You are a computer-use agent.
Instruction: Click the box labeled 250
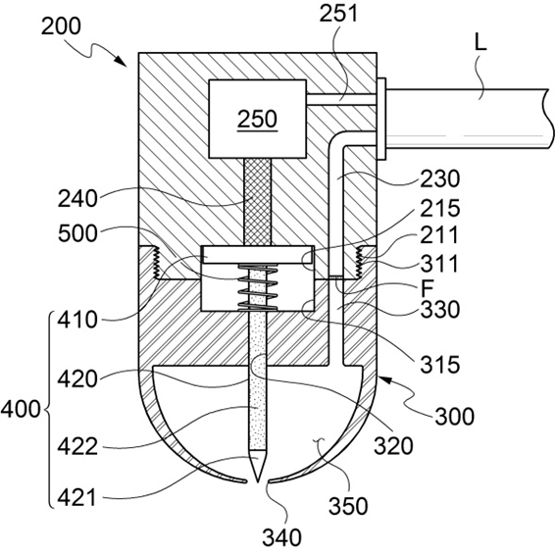(257, 119)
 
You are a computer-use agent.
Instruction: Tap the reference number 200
(61, 26)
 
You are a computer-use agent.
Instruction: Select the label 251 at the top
(338, 14)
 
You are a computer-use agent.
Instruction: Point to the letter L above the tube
(480, 43)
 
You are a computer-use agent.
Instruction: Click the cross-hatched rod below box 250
(257, 201)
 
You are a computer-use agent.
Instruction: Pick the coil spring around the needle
(257, 287)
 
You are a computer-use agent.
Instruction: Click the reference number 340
(281, 537)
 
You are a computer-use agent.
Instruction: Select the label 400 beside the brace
(21, 410)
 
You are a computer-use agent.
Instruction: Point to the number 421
(76, 497)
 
